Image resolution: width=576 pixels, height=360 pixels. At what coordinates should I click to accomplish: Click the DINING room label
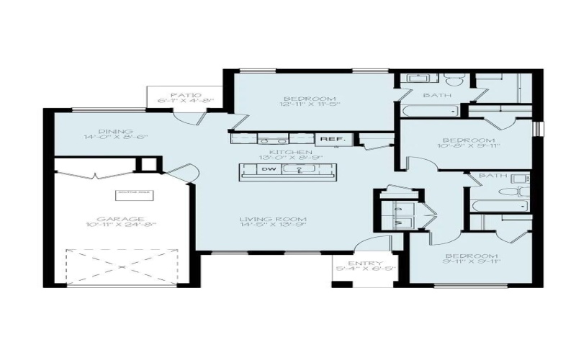pos(98,132)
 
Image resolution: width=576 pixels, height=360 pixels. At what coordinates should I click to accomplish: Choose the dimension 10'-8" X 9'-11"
pos(469,148)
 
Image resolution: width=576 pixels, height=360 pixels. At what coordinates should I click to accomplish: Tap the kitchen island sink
pos(297,170)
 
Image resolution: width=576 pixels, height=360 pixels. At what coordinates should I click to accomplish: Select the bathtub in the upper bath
pos(430,111)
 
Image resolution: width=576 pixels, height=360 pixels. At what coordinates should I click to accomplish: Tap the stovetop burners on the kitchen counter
pos(270,139)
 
